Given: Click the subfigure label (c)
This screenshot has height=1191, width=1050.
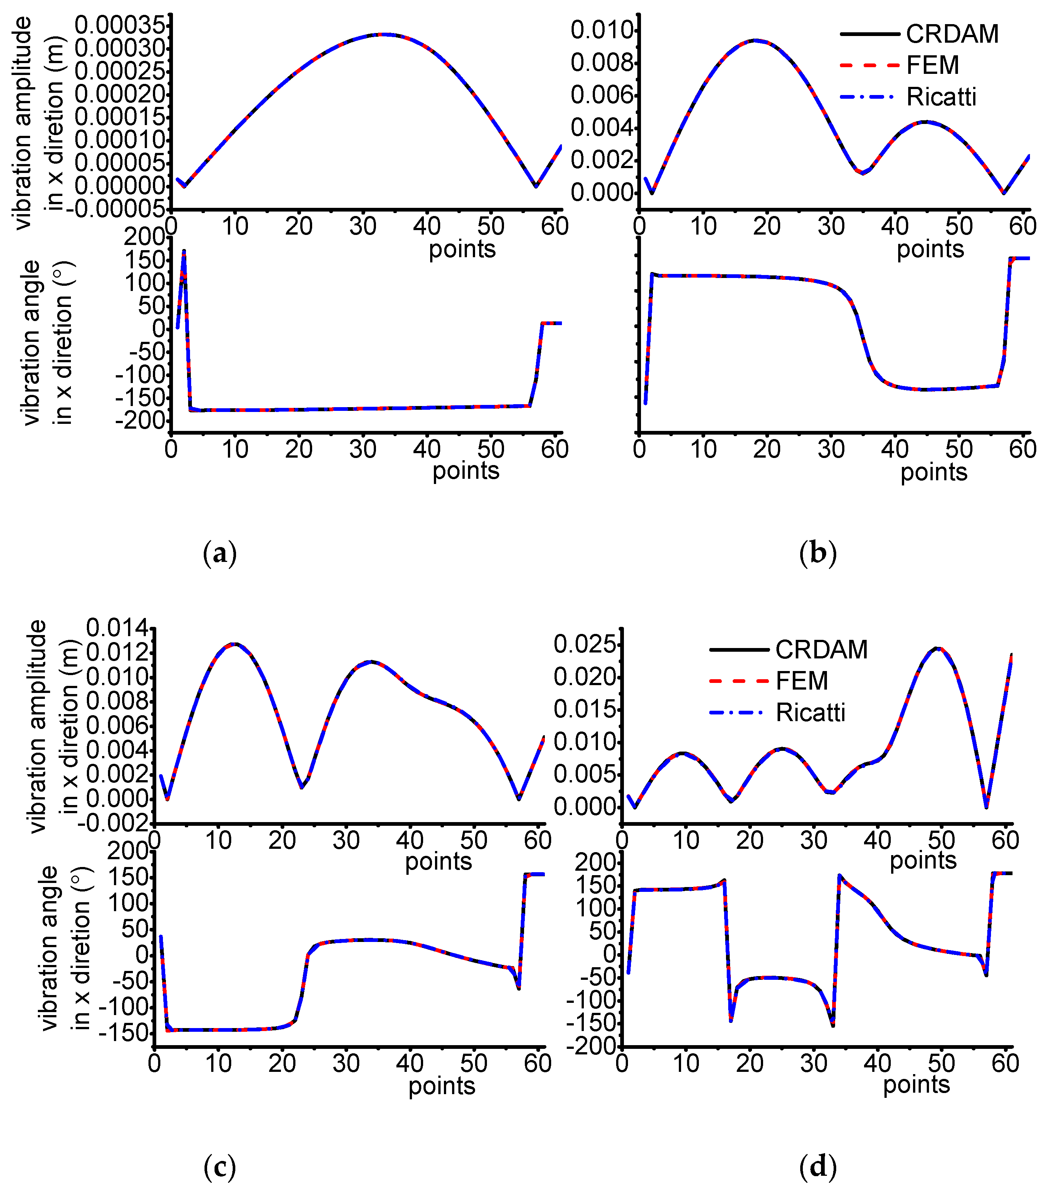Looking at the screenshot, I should click(x=220, y=1167).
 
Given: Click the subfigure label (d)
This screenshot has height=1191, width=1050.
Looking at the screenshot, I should click(x=818, y=1167).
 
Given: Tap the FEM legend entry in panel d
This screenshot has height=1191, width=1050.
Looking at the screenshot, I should click(x=801, y=681).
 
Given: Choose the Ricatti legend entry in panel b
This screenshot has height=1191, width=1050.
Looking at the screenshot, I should click(x=941, y=97).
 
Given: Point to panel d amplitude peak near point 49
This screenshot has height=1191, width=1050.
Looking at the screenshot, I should click(x=936, y=648).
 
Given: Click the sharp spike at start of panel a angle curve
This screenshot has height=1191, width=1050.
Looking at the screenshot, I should click(x=184, y=252).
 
